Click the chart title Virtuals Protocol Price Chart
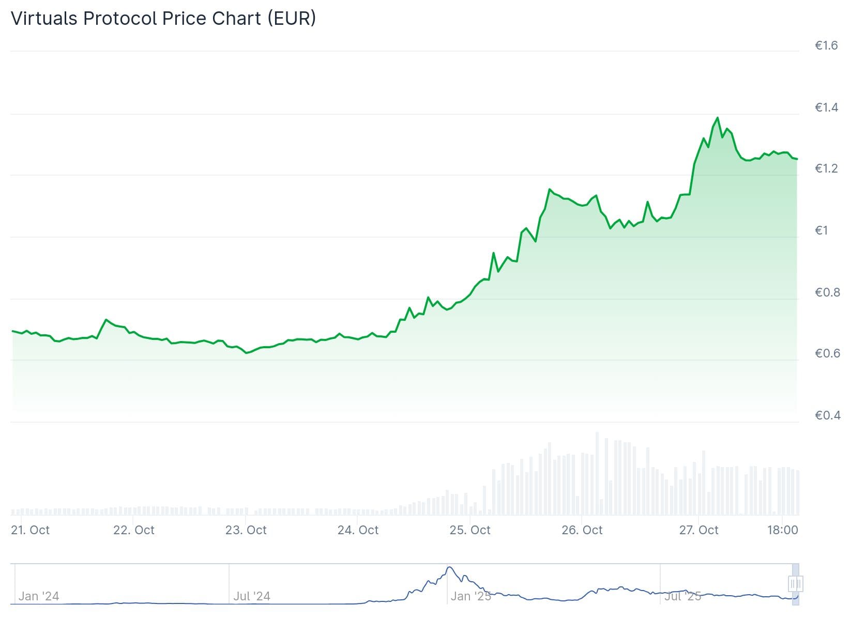point(163,18)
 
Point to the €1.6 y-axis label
point(826,45)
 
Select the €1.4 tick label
point(826,107)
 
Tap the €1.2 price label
point(826,168)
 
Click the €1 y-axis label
point(822,230)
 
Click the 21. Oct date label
point(31,530)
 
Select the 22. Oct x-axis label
point(134,530)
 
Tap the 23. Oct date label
point(246,530)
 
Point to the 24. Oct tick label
point(358,530)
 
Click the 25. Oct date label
point(470,530)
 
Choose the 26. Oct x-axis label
point(582,530)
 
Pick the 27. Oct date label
point(699,530)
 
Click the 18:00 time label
point(783,530)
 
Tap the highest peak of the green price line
point(717,118)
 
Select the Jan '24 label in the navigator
point(39,596)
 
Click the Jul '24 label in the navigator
point(252,596)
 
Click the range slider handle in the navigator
point(795,584)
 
